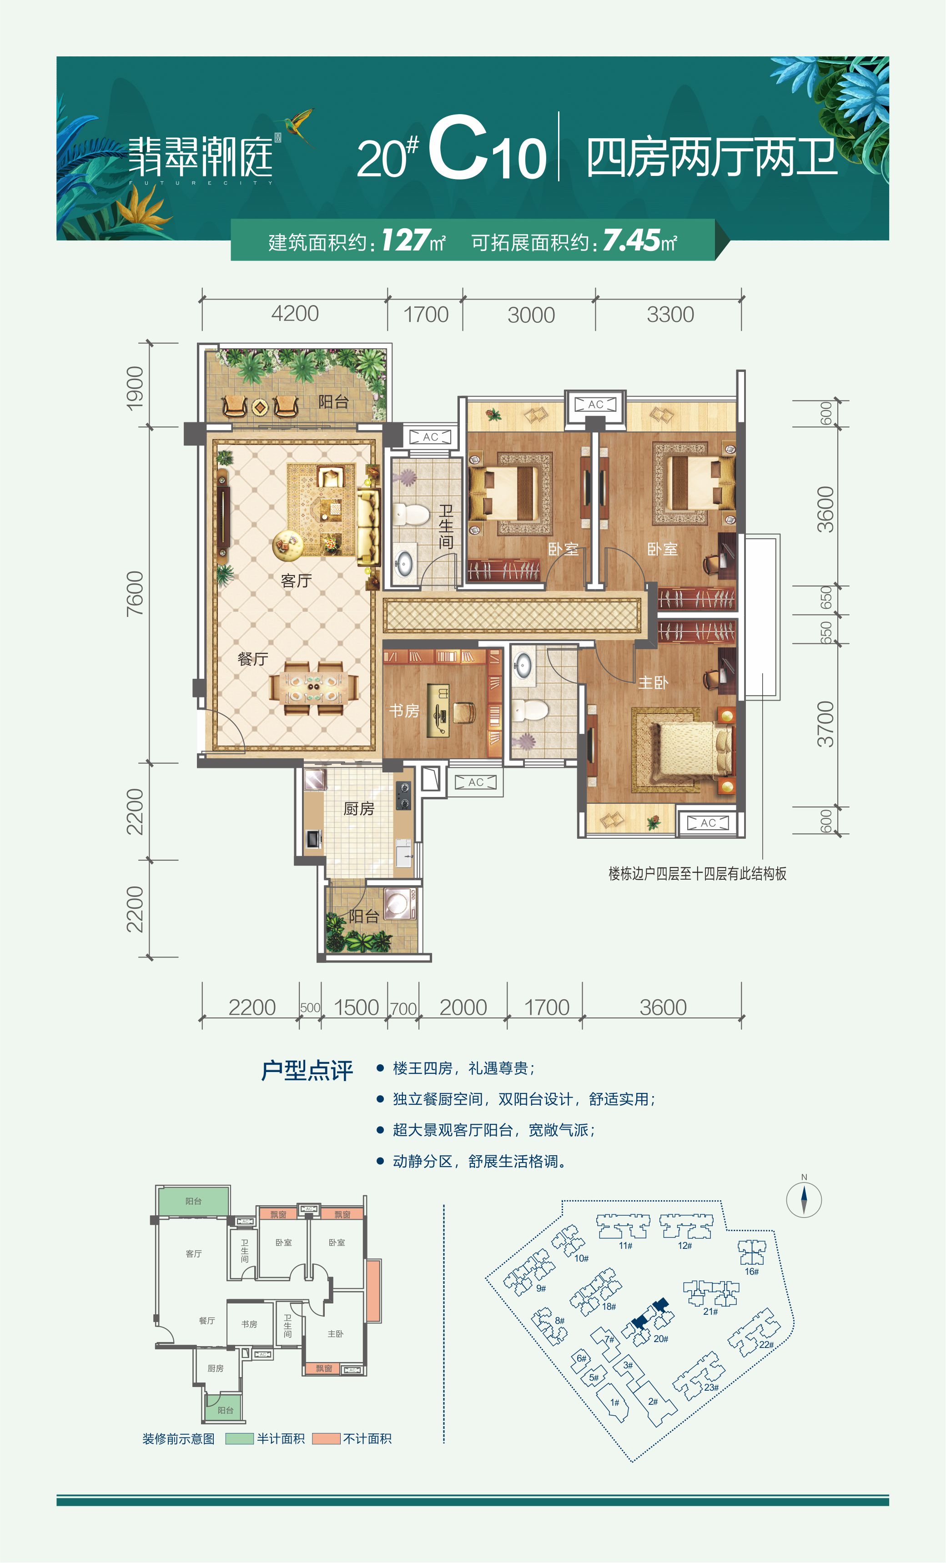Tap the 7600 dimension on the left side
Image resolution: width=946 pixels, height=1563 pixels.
(135, 593)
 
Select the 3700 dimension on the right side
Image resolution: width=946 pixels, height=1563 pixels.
(825, 724)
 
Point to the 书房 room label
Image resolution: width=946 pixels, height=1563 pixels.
(404, 711)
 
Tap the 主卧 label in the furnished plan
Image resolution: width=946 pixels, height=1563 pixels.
(653, 682)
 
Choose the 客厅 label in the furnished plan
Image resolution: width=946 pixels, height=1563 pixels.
(296, 581)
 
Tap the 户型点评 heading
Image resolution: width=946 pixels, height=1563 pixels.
(307, 1070)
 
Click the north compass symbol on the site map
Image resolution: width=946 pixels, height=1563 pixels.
(804, 1199)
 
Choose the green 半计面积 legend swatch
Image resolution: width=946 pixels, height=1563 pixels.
(240, 1439)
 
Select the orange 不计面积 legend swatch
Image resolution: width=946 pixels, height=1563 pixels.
(326, 1439)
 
